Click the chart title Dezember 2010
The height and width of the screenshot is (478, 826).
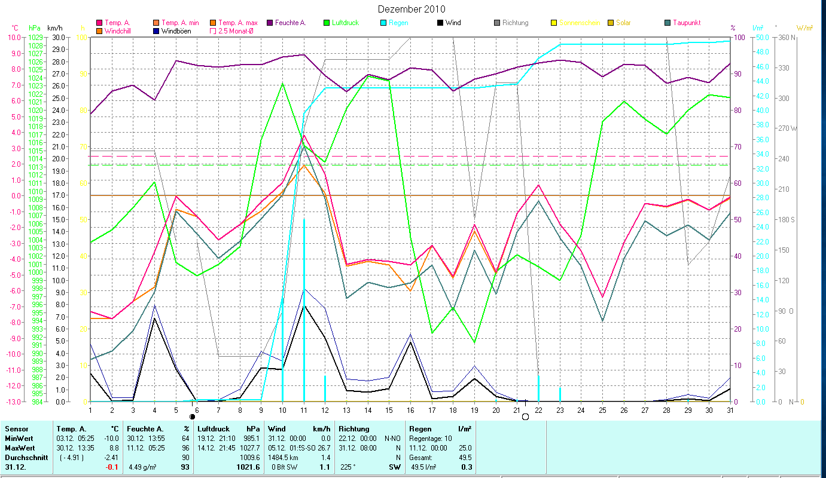click(x=412, y=9)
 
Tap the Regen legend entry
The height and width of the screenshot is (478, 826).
click(x=398, y=23)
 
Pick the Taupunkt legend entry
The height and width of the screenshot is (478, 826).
click(x=686, y=23)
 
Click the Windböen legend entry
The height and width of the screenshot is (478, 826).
click(x=176, y=30)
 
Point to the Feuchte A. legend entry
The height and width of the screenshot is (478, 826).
click(x=290, y=23)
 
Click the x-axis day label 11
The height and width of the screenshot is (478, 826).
click(x=304, y=409)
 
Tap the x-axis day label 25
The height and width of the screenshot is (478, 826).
click(x=603, y=409)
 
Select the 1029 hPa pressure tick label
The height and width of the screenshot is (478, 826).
click(x=35, y=37)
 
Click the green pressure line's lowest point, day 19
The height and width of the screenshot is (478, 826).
click(x=474, y=342)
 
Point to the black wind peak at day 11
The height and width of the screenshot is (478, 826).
click(x=304, y=306)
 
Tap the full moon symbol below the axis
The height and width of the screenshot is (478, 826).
click(x=526, y=416)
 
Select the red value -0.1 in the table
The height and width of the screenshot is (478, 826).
click(x=111, y=467)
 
